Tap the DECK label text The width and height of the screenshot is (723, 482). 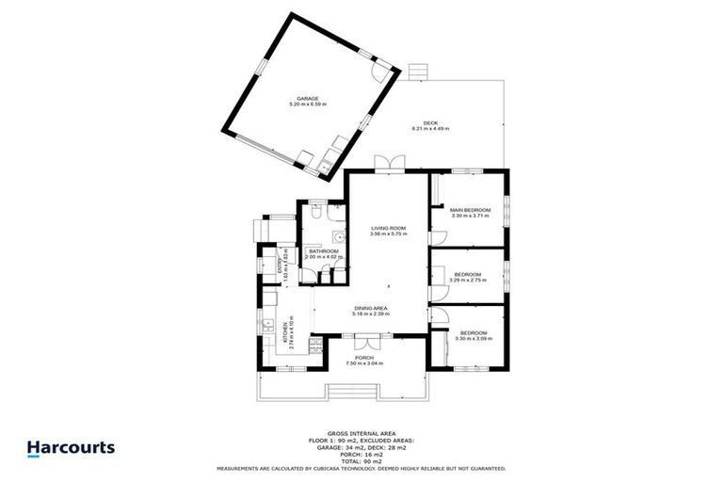tap(429, 123)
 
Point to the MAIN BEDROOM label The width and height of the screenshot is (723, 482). tap(470, 209)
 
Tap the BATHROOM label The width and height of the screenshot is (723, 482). tap(323, 251)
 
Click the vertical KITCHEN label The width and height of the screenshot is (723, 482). tap(283, 334)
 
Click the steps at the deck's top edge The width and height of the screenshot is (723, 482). tap(419, 72)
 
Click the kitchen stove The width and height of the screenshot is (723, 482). tap(316, 352)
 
